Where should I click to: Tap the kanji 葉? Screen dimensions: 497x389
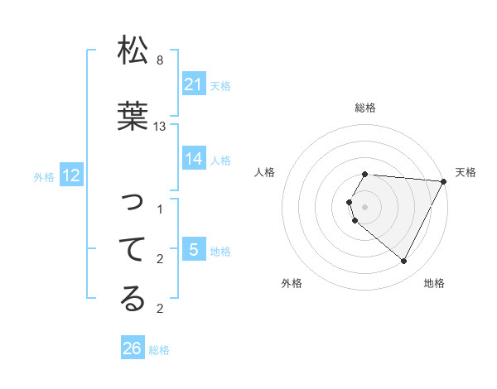(133, 115)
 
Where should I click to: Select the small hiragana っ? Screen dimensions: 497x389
(133, 202)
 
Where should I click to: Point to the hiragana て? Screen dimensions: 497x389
(133, 248)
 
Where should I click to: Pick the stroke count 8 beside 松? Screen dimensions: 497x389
(160, 60)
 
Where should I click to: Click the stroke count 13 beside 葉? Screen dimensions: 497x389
(160, 127)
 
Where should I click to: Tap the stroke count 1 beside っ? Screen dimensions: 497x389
(160, 209)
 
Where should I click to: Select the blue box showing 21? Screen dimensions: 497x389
(193, 84)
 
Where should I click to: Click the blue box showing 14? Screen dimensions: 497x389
(193, 159)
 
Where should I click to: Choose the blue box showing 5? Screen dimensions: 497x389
(193, 250)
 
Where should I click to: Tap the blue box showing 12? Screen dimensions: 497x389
(71, 175)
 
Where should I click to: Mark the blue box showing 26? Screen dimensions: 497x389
(132, 349)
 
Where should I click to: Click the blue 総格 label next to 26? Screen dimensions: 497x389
(159, 350)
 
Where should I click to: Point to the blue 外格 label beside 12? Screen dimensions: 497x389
(44, 176)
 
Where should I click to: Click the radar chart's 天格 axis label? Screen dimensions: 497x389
(466, 172)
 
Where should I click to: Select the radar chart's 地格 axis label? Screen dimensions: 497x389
(434, 283)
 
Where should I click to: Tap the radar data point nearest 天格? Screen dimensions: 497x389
(444, 180)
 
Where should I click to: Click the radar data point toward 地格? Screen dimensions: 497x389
(404, 262)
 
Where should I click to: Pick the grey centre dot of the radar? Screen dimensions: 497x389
(364, 206)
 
